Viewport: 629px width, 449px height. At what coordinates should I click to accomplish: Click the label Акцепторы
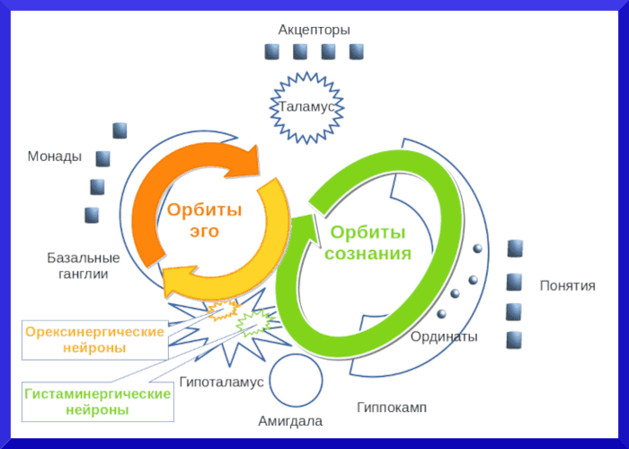(x=314, y=29)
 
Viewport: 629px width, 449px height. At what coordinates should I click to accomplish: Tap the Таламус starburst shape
(x=306, y=107)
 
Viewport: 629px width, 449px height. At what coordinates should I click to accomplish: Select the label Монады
(x=55, y=157)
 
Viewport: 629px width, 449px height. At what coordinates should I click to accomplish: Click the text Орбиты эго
(x=205, y=220)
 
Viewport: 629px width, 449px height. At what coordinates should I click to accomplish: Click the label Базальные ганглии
(x=78, y=265)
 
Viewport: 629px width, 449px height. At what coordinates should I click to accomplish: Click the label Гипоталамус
(x=221, y=382)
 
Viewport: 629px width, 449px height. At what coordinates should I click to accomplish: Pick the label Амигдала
(x=290, y=421)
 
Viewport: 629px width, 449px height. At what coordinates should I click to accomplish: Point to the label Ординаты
(x=444, y=337)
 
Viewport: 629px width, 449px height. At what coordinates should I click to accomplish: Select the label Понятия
(x=567, y=285)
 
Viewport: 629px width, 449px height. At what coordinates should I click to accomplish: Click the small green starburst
(x=255, y=319)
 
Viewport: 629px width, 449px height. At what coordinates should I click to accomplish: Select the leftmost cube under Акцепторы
(x=272, y=52)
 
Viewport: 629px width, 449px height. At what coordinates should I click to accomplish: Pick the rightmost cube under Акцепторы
(x=357, y=51)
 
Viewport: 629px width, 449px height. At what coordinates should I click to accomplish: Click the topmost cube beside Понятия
(x=515, y=247)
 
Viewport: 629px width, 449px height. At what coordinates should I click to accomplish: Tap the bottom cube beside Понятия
(x=515, y=340)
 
